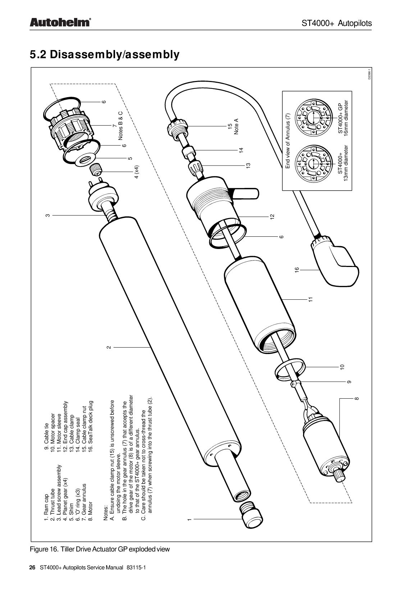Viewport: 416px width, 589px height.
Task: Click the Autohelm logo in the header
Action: coord(59,23)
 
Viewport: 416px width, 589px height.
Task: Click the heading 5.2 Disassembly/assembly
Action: coord(104,55)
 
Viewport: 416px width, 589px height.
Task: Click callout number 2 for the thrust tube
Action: coord(109,347)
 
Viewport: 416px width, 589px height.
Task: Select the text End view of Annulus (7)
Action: coord(288,141)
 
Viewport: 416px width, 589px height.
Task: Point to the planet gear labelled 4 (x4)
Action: coord(97,168)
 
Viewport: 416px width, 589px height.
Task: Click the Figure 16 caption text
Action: coord(99,549)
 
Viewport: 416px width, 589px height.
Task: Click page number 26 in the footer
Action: coord(32,568)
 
